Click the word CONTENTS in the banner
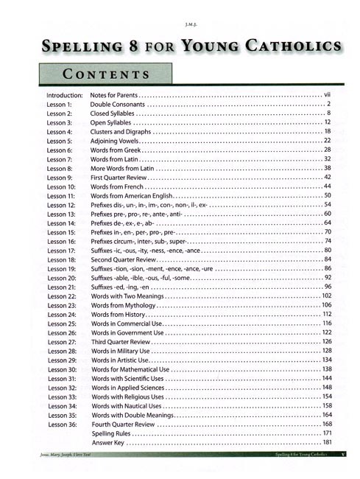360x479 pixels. (x=107, y=74)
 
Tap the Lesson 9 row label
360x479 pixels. (x=60, y=178)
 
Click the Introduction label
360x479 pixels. (x=66, y=96)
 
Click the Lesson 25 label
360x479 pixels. (x=61, y=324)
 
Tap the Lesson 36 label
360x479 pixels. (x=61, y=424)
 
